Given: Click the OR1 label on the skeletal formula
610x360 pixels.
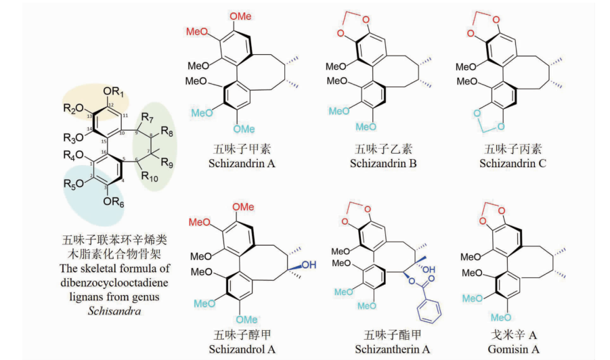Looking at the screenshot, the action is click(x=113, y=92).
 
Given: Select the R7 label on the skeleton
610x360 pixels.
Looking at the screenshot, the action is click(x=147, y=117).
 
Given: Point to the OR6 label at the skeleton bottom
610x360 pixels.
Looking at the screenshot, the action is click(x=113, y=202).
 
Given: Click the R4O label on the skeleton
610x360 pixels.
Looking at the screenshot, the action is click(x=74, y=156).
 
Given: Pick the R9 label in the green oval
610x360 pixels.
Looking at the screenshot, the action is click(x=167, y=162).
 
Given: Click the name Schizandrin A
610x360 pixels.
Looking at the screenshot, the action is click(x=242, y=163).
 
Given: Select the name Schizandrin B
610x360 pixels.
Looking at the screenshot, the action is click(x=383, y=163).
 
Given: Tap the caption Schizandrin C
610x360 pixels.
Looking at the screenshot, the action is click(x=513, y=163).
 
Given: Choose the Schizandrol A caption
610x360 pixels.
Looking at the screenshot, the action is click(x=242, y=349).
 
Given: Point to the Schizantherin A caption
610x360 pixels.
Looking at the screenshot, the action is click(x=392, y=349).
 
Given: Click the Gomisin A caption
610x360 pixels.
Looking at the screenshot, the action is click(x=513, y=349).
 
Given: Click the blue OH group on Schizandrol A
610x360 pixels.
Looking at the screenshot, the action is click(x=309, y=265).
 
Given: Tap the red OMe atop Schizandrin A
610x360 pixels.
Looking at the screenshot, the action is click(x=240, y=16).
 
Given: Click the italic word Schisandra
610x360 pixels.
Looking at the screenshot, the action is click(x=114, y=311).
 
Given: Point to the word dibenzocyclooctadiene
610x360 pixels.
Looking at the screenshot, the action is click(x=114, y=283).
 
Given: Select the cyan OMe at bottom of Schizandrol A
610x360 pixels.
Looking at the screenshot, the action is click(x=246, y=319).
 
